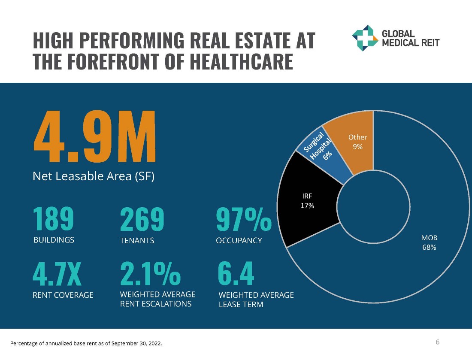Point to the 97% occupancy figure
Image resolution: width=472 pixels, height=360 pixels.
[x=243, y=219]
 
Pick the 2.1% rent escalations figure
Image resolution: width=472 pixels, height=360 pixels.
[x=150, y=274]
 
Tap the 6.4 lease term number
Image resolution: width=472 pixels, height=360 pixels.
[x=236, y=274]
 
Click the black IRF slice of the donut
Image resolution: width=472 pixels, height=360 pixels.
[x=306, y=201]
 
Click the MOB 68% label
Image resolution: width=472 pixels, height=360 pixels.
[x=429, y=242]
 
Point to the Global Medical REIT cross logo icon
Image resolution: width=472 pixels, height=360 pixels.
[x=365, y=38]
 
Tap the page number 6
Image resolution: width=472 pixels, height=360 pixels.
[x=438, y=342]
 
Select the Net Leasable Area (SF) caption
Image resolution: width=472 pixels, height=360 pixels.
[x=93, y=176]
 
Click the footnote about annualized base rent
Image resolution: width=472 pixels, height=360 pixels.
[x=86, y=343]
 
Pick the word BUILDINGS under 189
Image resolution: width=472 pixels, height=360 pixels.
[x=54, y=240]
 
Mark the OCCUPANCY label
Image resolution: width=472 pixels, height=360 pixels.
[x=239, y=241]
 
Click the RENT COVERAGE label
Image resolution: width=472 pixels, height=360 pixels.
[x=63, y=295]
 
